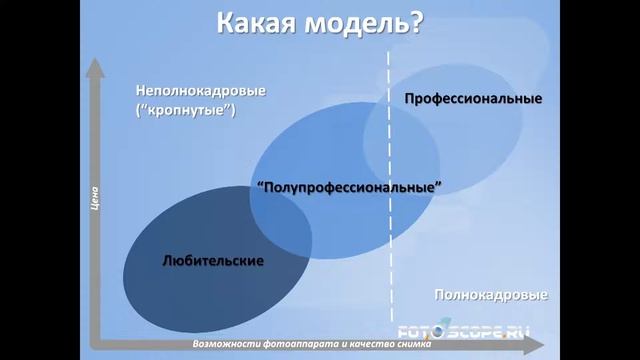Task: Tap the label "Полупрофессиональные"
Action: (x=349, y=186)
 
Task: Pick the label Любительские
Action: (x=212, y=260)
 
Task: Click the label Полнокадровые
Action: (x=491, y=295)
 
